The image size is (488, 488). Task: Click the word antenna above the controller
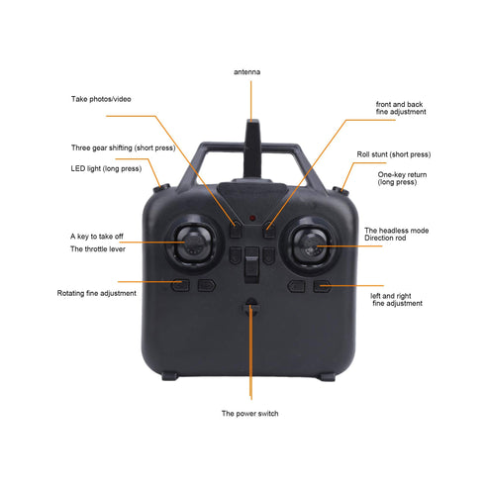[246, 72]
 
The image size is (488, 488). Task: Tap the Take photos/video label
[101, 99]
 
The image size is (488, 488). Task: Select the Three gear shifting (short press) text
[124, 147]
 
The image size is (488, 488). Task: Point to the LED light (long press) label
[106, 168]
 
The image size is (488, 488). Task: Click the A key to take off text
[97, 237]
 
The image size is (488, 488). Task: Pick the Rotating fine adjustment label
[97, 293]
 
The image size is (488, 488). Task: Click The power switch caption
[249, 414]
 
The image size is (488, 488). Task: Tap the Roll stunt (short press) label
[394, 154]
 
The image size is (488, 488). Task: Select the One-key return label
[402, 178]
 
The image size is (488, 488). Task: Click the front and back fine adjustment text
[401, 108]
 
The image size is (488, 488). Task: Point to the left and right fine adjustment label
[396, 300]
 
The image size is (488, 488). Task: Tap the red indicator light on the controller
[252, 218]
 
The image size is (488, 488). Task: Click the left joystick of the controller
[193, 244]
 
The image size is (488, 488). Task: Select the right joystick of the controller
[310, 245]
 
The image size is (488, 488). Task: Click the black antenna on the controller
[252, 149]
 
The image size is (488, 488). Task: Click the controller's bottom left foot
[170, 376]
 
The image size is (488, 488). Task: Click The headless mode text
[397, 231]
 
